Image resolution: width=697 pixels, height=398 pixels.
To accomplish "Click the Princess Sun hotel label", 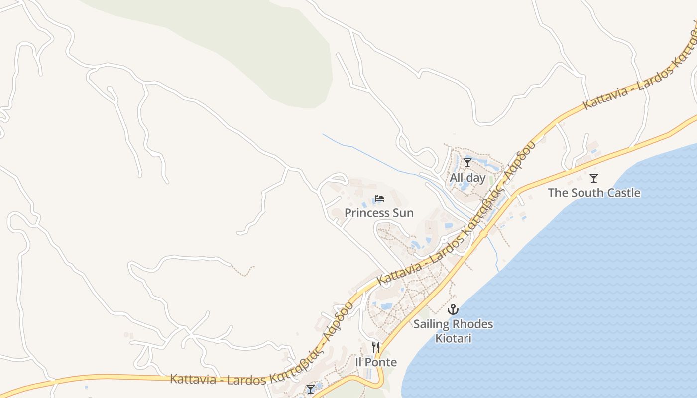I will click(379, 213).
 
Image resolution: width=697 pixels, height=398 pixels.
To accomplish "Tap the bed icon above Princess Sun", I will click(379, 199).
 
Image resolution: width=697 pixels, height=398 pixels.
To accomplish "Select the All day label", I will click(467, 178).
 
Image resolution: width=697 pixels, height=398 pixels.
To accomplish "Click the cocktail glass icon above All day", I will click(467, 163).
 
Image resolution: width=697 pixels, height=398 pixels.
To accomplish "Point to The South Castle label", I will click(594, 193).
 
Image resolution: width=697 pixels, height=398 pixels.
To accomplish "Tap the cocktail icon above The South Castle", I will click(593, 178).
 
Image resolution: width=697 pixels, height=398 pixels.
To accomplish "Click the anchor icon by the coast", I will click(453, 309).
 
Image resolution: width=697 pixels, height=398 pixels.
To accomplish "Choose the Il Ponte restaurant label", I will click(376, 362).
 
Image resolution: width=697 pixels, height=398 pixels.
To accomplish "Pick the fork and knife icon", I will click(376, 347).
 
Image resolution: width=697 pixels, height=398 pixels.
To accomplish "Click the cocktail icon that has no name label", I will click(311, 389).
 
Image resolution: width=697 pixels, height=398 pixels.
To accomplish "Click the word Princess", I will click(367, 213).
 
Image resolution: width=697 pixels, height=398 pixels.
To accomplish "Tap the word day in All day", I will click(475, 178).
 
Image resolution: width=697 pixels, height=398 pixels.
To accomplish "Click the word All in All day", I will click(456, 178).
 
